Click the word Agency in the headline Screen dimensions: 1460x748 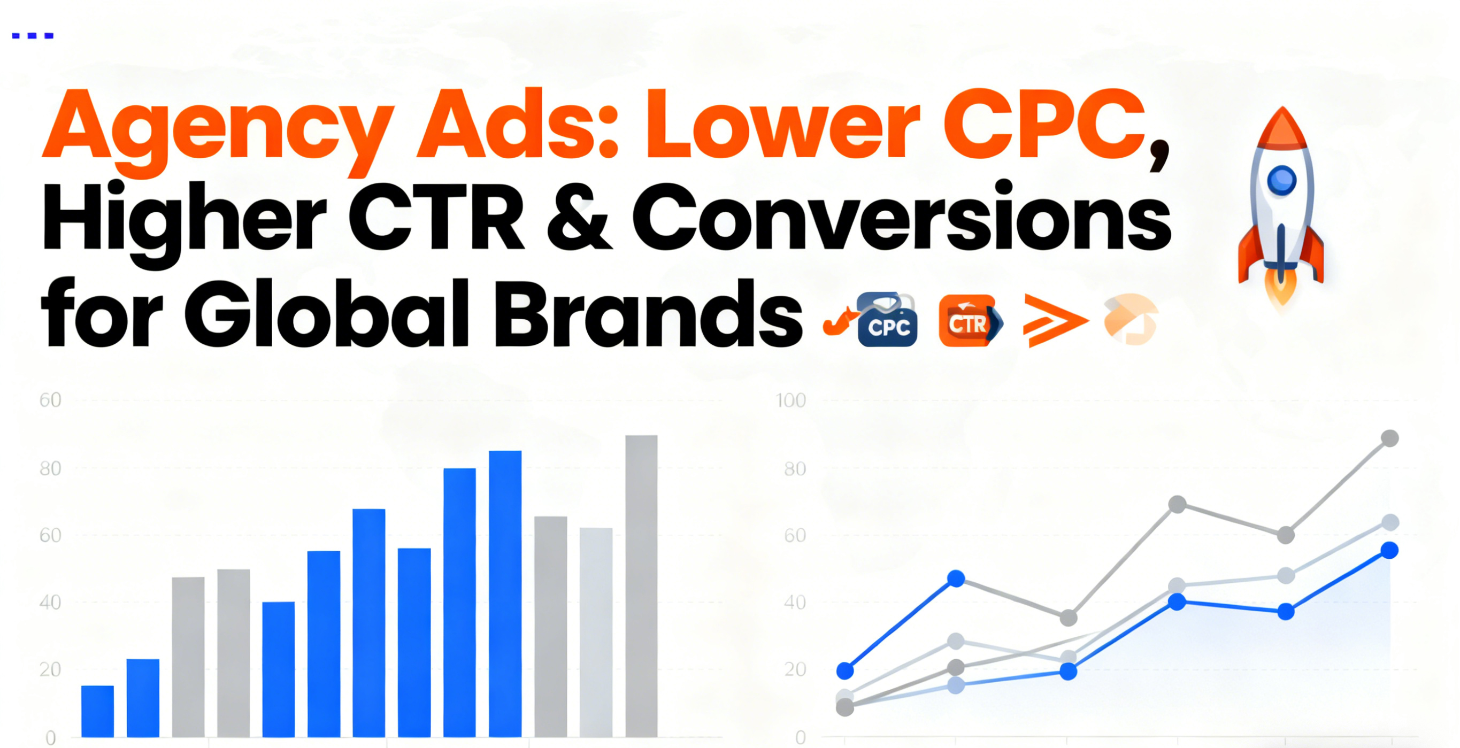[218, 132]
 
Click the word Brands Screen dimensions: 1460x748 [649, 312]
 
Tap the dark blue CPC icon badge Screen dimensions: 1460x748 [887, 320]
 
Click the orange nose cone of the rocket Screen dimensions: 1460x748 [1282, 130]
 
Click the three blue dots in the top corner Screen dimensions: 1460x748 [33, 36]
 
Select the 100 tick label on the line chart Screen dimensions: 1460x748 [790, 400]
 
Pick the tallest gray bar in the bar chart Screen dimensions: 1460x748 [642, 586]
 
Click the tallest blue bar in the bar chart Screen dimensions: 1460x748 [505, 594]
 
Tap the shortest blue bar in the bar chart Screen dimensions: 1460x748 [97, 711]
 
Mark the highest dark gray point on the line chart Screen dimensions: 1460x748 [1390, 438]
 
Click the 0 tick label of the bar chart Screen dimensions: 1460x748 [50, 738]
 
